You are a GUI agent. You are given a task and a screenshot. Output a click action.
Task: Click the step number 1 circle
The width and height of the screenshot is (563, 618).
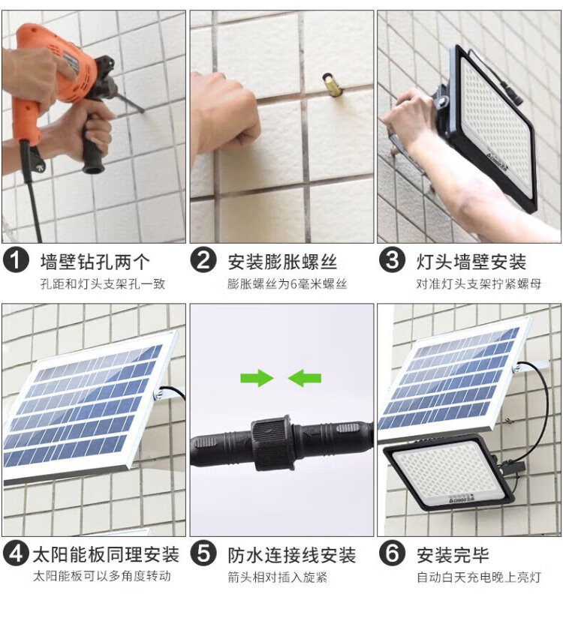(16, 261)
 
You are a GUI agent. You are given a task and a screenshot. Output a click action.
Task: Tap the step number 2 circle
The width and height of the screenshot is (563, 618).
(203, 261)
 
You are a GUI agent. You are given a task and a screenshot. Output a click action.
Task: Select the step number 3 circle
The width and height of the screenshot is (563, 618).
(392, 261)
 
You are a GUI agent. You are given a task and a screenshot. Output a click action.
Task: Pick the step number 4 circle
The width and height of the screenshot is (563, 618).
(16, 553)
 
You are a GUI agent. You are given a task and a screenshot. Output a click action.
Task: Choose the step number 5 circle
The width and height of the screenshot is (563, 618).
(203, 553)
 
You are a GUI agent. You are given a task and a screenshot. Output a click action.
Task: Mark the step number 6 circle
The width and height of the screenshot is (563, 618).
(392, 553)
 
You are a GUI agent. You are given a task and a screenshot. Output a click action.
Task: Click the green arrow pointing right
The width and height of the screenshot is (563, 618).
(257, 378)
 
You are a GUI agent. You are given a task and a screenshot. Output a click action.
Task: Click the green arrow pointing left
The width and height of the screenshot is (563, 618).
(305, 378)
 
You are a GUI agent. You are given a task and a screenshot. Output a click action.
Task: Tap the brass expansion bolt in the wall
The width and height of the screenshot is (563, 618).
(330, 83)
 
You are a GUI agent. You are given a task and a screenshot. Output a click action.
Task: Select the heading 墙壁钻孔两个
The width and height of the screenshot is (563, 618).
(95, 262)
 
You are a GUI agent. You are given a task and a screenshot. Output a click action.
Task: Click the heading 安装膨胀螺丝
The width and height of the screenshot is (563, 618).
(282, 262)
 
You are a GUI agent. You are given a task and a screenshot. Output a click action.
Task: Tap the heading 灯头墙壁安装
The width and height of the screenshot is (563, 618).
(471, 262)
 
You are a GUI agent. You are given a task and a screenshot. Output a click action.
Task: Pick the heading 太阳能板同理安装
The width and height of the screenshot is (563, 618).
(106, 554)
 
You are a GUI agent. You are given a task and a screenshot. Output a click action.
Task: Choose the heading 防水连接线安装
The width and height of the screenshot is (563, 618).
(292, 555)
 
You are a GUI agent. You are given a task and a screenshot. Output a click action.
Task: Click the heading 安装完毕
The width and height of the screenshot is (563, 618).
(453, 555)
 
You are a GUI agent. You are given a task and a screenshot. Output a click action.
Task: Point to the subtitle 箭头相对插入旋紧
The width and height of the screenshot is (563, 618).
(278, 577)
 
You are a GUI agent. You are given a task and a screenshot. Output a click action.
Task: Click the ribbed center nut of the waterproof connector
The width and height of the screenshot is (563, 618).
(272, 443)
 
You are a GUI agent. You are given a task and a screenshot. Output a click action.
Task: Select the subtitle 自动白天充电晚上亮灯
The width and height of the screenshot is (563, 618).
(479, 577)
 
